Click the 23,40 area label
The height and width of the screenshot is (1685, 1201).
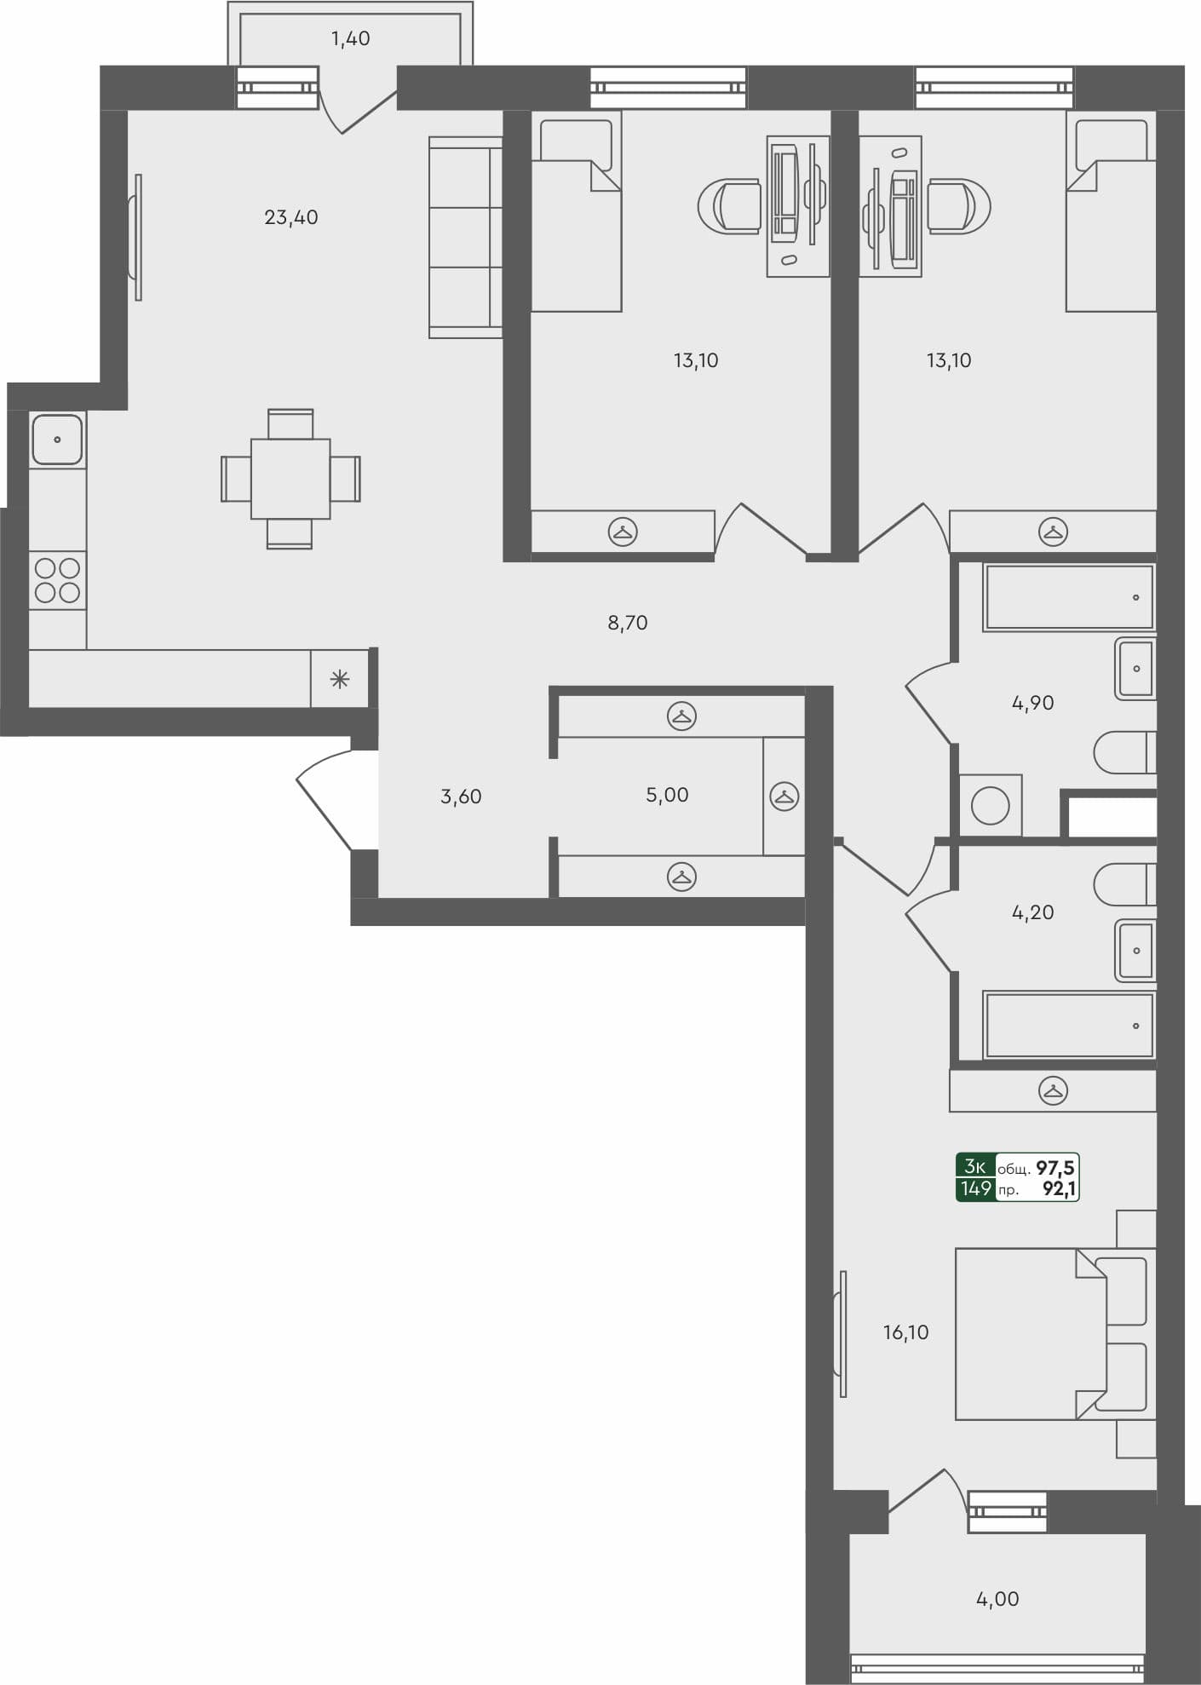click(x=291, y=218)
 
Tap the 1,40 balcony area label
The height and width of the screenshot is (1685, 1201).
click(x=350, y=38)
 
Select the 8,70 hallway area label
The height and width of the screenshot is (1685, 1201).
click(x=627, y=623)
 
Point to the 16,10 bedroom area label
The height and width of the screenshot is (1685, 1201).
click(x=905, y=1332)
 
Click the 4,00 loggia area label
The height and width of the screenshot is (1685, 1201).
click(x=997, y=1599)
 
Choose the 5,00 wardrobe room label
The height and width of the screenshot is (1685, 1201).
click(x=667, y=795)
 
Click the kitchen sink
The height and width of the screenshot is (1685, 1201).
click(x=57, y=440)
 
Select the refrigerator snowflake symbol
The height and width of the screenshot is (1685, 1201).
click(x=339, y=679)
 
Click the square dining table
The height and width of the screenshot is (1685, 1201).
click(x=290, y=479)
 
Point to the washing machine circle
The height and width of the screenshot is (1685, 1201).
click(x=990, y=805)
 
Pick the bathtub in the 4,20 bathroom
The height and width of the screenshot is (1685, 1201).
click(x=1069, y=1026)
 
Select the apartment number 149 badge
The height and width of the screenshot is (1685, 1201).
click(x=975, y=1188)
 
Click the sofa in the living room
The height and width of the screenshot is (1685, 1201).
click(x=465, y=238)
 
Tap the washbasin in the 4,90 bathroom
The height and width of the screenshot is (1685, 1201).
click(x=1135, y=669)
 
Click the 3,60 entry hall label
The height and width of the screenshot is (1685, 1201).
click(x=461, y=796)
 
